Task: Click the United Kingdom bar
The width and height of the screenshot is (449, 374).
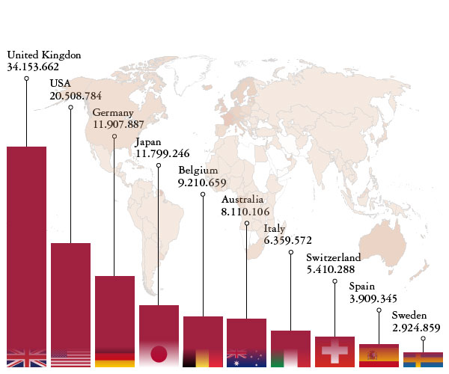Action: point(26,247)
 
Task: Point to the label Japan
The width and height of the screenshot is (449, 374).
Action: point(147,143)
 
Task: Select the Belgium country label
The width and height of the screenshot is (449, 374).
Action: point(198,171)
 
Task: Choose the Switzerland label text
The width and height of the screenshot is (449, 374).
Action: point(334,258)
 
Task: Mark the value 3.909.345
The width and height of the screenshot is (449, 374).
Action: point(373,298)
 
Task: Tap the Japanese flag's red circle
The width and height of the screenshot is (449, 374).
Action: point(158,354)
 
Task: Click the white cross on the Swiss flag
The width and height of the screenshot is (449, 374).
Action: point(335,349)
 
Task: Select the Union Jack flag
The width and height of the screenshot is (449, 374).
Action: point(26,358)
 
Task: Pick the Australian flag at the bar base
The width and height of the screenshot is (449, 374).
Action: point(246,358)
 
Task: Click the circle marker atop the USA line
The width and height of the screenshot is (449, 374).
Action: point(70,108)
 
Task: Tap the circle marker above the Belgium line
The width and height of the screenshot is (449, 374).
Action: point(203,194)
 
